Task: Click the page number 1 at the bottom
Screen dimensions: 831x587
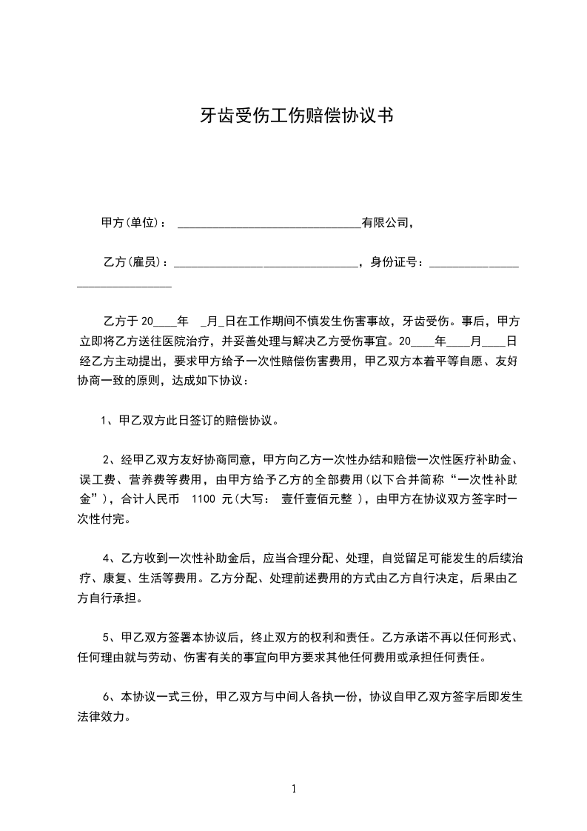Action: (294, 789)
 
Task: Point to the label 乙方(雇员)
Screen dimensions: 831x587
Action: (133, 262)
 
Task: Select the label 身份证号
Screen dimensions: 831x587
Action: (397, 262)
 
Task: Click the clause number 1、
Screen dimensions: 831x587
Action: (107, 421)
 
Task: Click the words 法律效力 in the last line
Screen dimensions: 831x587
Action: (105, 717)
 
